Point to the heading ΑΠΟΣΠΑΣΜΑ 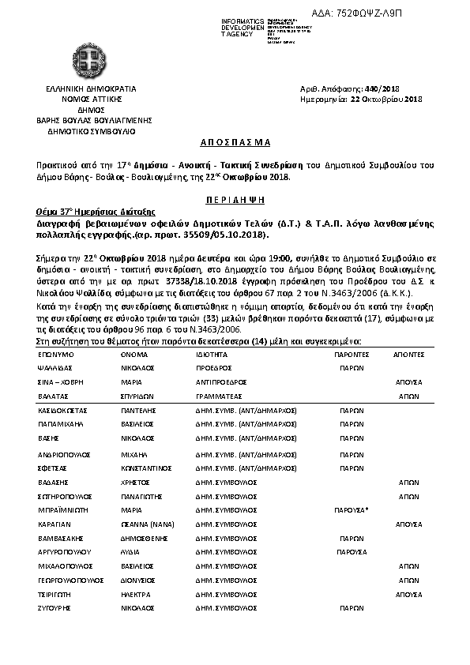pyautogui.click(x=235, y=142)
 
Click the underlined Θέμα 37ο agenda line pyautogui.click(x=88, y=213)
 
